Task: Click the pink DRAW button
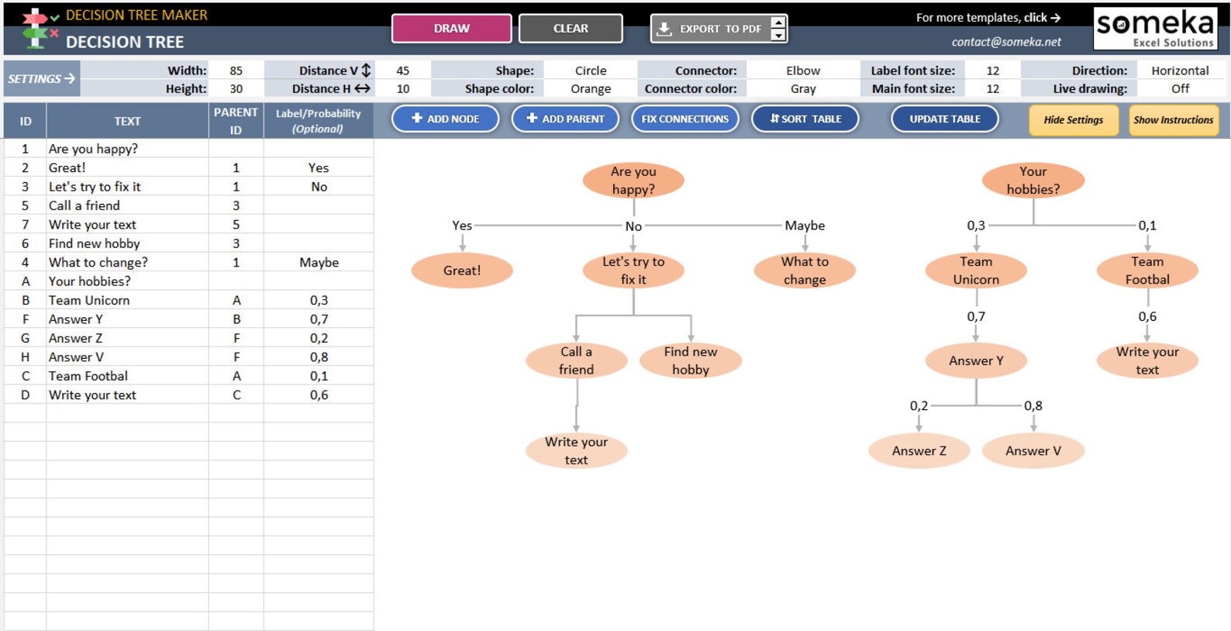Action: tap(451, 29)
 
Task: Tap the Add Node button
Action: tap(445, 119)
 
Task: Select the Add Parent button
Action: tap(565, 119)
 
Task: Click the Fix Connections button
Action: tap(684, 119)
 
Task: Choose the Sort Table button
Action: tap(805, 119)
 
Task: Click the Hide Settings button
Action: tap(1074, 120)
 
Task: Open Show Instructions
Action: tap(1174, 120)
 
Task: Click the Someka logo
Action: tap(1154, 29)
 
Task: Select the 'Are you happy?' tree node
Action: tap(633, 181)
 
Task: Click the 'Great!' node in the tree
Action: tap(462, 271)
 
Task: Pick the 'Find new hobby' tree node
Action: tap(690, 360)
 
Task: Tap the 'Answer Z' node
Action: tap(919, 450)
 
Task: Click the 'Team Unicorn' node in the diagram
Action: tap(976, 271)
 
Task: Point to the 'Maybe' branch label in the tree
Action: tap(805, 226)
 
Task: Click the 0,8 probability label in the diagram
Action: tap(1033, 405)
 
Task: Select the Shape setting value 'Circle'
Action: tap(591, 71)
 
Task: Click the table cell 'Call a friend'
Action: tap(84, 205)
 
